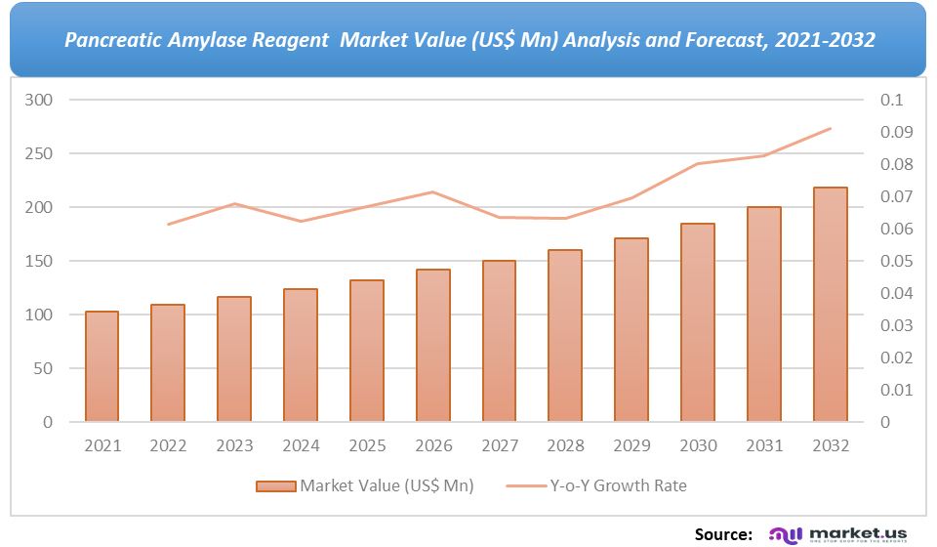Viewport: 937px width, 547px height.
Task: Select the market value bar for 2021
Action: click(x=102, y=366)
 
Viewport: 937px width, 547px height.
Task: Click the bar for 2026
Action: click(x=433, y=346)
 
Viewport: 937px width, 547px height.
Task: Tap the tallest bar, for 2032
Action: click(x=830, y=305)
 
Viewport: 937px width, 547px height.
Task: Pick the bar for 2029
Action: click(x=631, y=330)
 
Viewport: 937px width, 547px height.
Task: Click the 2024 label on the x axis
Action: click(x=301, y=445)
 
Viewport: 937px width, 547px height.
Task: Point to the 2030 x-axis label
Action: click(x=698, y=445)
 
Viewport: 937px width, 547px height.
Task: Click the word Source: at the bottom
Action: click(x=723, y=533)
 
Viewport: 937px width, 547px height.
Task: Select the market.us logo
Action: click(x=839, y=533)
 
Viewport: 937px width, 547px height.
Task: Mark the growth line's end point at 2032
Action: click(x=830, y=128)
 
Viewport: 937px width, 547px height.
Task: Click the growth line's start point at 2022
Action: click(x=168, y=225)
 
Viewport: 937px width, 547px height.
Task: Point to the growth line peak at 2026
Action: click(x=433, y=191)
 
